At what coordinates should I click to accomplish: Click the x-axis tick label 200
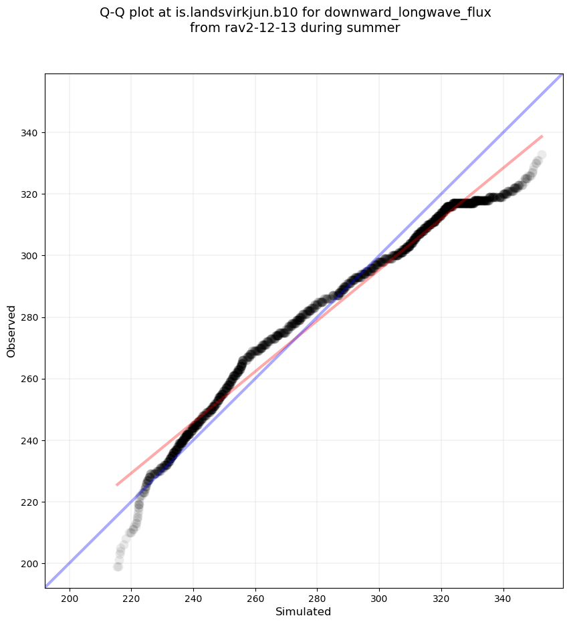pyautogui.click(x=70, y=599)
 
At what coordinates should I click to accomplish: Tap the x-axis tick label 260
pyautogui.click(x=255, y=599)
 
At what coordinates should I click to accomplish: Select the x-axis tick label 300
pyautogui.click(x=379, y=599)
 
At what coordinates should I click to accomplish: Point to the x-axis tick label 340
pyautogui.click(x=503, y=599)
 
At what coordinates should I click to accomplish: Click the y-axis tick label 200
pyautogui.click(x=31, y=564)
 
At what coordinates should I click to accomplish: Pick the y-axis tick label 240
pyautogui.click(x=31, y=441)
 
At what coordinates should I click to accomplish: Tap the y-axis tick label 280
pyautogui.click(x=31, y=317)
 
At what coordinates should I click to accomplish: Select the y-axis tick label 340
pyautogui.click(x=31, y=133)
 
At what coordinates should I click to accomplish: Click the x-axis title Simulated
pyautogui.click(x=304, y=611)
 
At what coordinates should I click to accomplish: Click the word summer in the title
pyautogui.click(x=377, y=28)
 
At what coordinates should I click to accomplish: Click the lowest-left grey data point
pyautogui.click(x=118, y=567)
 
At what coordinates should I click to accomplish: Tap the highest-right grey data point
pyautogui.click(x=542, y=154)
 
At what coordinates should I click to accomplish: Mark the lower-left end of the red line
pyautogui.click(x=117, y=484)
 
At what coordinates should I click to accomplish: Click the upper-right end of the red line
pyautogui.click(x=542, y=136)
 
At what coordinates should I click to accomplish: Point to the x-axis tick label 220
pyautogui.click(x=131, y=599)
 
